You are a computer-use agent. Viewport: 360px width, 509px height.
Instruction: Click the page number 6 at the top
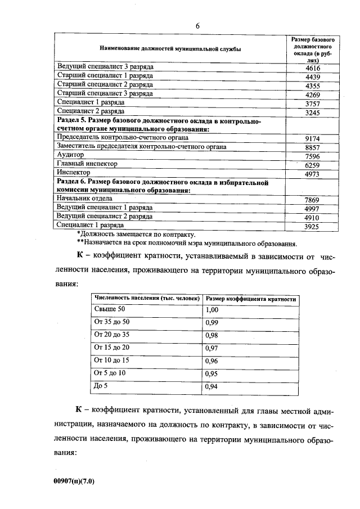coord(198,25)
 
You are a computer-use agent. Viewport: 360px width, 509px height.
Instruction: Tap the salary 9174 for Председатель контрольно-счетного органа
coord(312,138)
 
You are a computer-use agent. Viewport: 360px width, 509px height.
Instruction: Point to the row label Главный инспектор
coord(87,164)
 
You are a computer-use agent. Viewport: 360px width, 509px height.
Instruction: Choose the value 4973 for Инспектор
coord(312,173)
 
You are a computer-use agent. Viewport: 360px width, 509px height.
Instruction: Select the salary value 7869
coord(312,199)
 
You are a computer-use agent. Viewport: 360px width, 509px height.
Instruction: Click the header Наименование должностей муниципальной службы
coord(170,49)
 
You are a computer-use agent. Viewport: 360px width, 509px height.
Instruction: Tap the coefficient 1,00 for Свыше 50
coord(211,310)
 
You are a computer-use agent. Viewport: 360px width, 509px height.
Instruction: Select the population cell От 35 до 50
coord(112,322)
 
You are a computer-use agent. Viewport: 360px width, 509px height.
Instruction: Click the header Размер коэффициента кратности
coord(251,299)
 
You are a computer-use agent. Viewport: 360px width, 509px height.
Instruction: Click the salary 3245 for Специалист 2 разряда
coord(312,112)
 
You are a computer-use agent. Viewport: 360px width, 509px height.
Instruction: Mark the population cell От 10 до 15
coord(112,361)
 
